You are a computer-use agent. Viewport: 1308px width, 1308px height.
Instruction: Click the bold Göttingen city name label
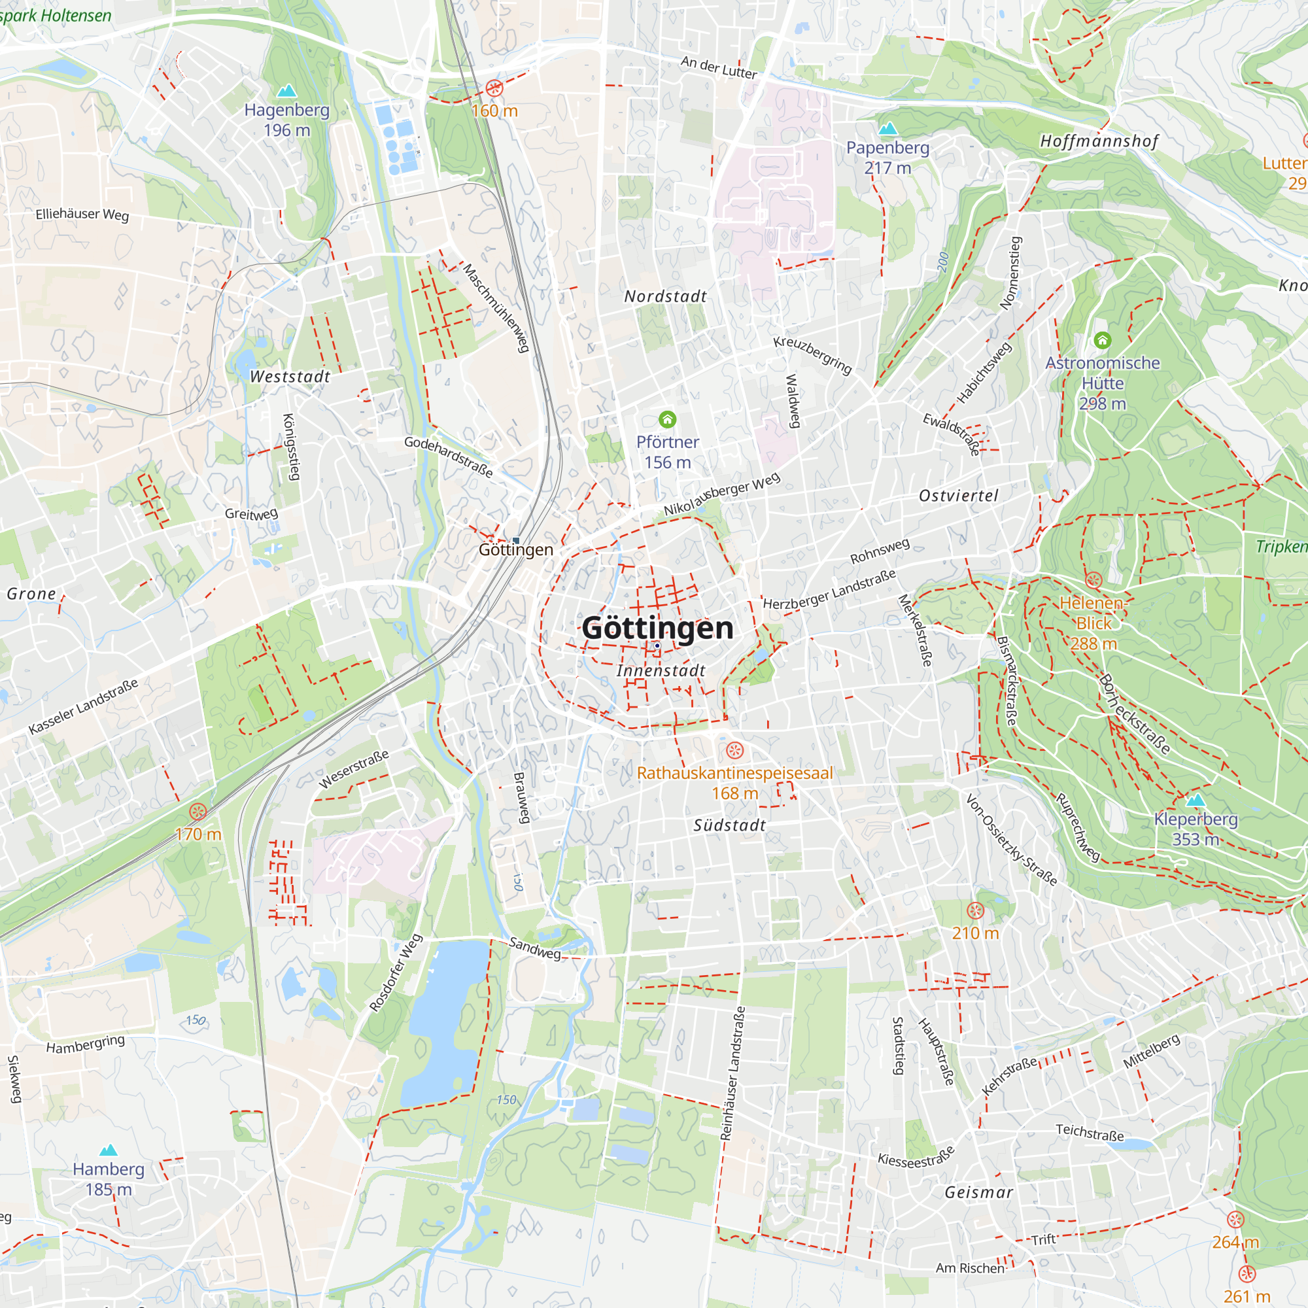coord(657,628)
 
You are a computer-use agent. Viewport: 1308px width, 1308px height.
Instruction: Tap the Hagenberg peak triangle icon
coord(287,91)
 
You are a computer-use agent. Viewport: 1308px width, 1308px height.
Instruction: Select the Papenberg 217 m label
coord(887,157)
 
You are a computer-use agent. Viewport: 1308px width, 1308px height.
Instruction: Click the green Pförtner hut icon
coord(668,420)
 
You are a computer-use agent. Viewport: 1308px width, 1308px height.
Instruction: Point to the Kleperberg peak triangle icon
coord(1196,800)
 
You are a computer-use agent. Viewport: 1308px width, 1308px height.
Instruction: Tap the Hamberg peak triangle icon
coord(109,1150)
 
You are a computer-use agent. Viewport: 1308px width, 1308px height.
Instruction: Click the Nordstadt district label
coord(666,296)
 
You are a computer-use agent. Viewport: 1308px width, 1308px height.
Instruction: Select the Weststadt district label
coord(290,377)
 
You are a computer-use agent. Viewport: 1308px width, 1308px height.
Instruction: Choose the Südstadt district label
coord(730,825)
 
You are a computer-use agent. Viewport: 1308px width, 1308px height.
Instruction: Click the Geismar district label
coord(979,1193)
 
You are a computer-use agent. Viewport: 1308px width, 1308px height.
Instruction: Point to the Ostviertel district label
coord(959,496)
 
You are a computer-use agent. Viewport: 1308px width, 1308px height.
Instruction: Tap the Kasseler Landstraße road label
coord(83,706)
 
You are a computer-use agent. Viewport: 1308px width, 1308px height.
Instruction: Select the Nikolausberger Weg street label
coord(722,494)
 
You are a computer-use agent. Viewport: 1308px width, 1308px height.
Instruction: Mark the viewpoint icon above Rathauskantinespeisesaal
coord(735,750)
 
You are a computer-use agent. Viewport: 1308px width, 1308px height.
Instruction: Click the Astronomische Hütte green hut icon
coord(1102,340)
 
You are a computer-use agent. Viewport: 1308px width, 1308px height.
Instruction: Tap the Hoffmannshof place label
coord(1099,141)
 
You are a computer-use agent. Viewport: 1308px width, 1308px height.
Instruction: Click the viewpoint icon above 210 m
coord(975,910)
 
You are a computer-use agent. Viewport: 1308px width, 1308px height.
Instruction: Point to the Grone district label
coord(31,594)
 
